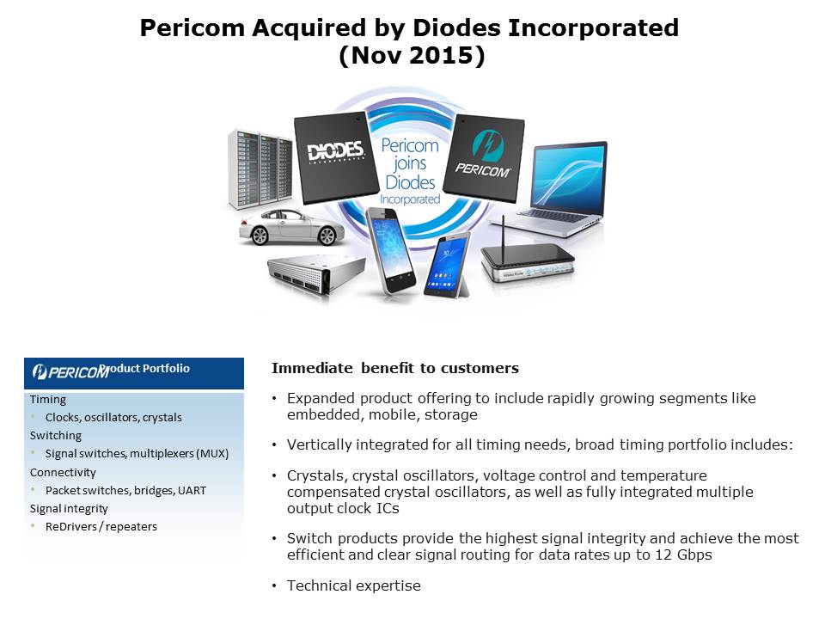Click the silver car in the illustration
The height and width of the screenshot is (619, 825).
[x=291, y=227]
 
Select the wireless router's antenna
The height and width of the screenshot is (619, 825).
[x=504, y=232]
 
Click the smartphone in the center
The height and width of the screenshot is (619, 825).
[x=390, y=250]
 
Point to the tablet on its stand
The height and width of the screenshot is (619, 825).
[x=447, y=266]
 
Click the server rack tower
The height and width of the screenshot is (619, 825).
[x=260, y=169]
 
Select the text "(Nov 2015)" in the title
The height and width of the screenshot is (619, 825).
[x=412, y=55]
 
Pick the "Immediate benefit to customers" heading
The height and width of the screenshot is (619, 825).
[x=395, y=368]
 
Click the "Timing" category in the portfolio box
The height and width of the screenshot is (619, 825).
[x=48, y=400]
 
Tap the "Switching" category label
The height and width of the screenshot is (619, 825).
[x=56, y=436]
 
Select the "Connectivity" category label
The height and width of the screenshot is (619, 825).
[x=63, y=473]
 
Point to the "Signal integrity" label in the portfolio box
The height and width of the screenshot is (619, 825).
[x=69, y=509]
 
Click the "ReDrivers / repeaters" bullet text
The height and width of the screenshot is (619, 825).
[x=101, y=527]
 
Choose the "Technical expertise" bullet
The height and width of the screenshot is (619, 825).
[x=353, y=585]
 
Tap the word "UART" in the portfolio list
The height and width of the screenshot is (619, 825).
[x=192, y=491]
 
